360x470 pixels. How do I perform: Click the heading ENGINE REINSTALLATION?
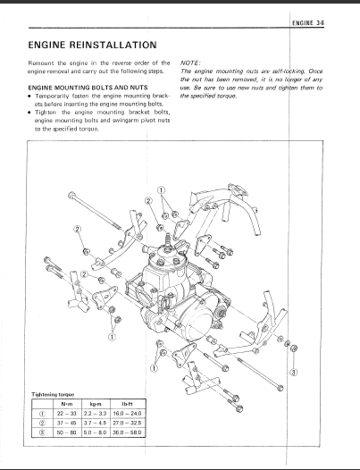click(x=92, y=45)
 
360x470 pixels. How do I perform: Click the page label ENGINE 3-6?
click(x=308, y=23)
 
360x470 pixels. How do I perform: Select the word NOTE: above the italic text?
click(x=190, y=63)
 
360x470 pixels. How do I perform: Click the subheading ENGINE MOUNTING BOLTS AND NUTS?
click(x=88, y=88)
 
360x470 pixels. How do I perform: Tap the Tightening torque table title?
click(x=53, y=394)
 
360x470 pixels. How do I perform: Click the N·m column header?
click(x=66, y=404)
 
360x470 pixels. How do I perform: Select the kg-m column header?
click(x=96, y=404)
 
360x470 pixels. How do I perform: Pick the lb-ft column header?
click(x=128, y=404)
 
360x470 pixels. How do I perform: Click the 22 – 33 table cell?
click(x=66, y=414)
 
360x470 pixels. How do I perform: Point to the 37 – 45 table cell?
click(x=66, y=423)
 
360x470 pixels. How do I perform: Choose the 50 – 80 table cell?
click(x=66, y=432)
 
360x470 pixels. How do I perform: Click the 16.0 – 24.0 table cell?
click(x=128, y=414)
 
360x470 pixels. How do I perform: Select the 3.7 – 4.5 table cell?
click(x=96, y=423)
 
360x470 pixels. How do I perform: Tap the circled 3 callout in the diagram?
click(x=294, y=373)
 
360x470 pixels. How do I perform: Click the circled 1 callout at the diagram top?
click(x=162, y=190)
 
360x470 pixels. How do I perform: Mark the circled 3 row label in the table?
click(x=43, y=432)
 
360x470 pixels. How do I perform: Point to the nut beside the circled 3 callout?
click(x=294, y=348)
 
